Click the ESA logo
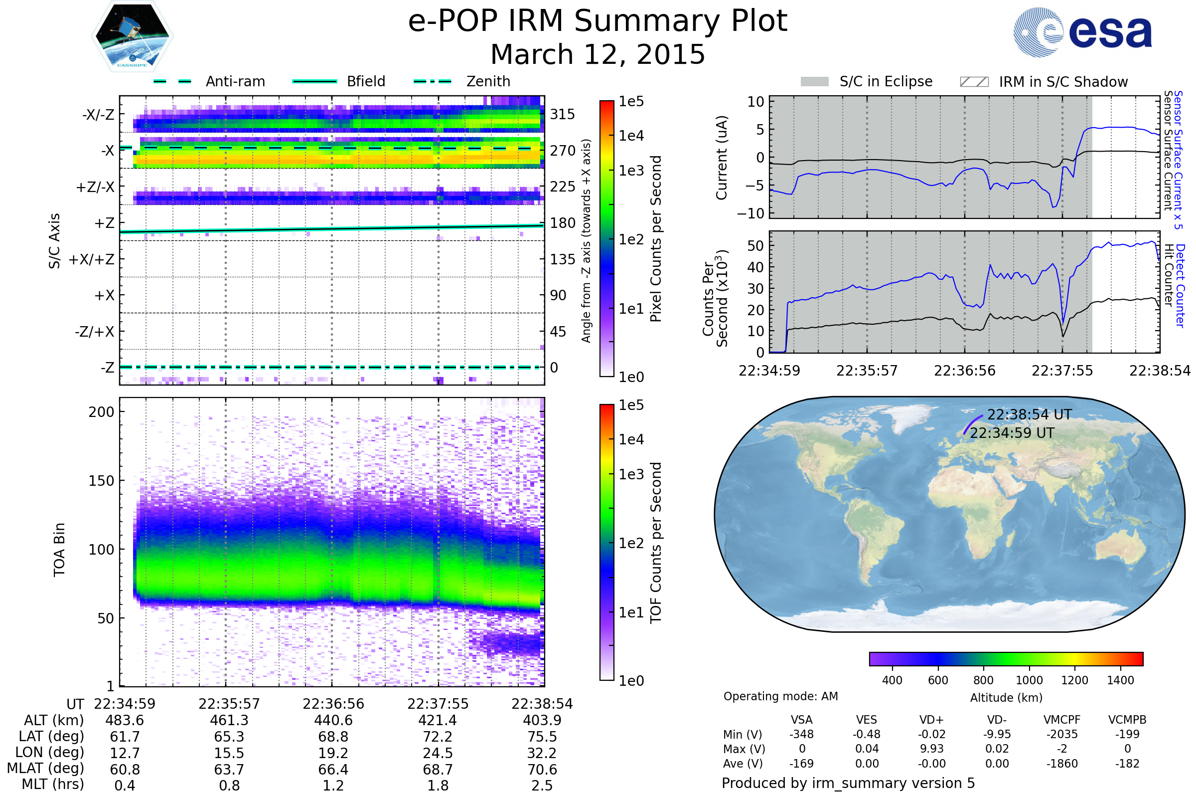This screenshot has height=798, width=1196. [x=1082, y=32]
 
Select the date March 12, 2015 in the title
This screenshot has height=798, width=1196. [x=598, y=54]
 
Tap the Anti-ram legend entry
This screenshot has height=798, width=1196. [x=235, y=81]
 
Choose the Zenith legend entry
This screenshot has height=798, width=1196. [x=488, y=81]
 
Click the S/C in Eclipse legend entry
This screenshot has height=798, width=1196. [x=886, y=81]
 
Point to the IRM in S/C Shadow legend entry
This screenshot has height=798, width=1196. [x=1063, y=82]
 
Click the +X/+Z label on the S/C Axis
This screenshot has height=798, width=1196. [x=92, y=259]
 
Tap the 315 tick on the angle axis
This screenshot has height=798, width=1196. [x=562, y=114]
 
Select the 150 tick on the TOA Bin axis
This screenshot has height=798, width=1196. [x=101, y=481]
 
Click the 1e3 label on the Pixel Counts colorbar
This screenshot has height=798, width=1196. [x=631, y=171]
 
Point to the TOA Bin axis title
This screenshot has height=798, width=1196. [x=59, y=549]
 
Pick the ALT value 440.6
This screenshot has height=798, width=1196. [x=333, y=720]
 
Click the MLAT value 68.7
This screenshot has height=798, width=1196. [x=438, y=770]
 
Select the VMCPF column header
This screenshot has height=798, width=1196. [x=1062, y=720]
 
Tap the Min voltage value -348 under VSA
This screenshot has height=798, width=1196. [x=801, y=734]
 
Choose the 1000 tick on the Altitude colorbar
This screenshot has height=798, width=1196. [x=1029, y=680]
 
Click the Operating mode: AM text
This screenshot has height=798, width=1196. [x=780, y=696]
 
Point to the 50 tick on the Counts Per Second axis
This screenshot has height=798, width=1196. [x=755, y=246]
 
